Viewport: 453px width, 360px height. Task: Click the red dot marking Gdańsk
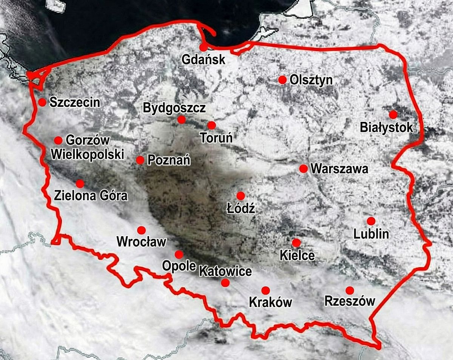coord(203,48)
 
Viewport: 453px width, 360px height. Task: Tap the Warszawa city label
coord(339,168)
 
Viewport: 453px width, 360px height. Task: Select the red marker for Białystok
coord(393,114)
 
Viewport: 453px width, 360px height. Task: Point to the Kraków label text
coord(271,302)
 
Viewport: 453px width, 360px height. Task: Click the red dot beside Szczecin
coord(42,102)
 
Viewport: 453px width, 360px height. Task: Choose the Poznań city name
coord(169,160)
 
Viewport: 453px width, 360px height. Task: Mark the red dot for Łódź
coord(240,195)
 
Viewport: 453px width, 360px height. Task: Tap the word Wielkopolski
coord(87,154)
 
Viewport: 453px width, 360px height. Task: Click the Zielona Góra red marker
coord(80,183)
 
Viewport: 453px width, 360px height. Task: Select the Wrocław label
coord(142,242)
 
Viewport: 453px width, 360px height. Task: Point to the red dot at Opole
coord(179,254)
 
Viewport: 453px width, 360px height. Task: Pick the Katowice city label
coord(225,271)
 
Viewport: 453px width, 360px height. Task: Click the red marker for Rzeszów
coord(350,290)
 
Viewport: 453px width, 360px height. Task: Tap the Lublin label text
coord(371,234)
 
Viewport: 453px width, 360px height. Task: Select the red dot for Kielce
coord(296,242)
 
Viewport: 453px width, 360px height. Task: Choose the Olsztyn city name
coord(311,80)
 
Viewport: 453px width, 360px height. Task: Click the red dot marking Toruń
coord(211,125)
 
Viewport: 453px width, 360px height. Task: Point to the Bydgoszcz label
coord(174,108)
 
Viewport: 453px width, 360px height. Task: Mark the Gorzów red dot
coord(58,140)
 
